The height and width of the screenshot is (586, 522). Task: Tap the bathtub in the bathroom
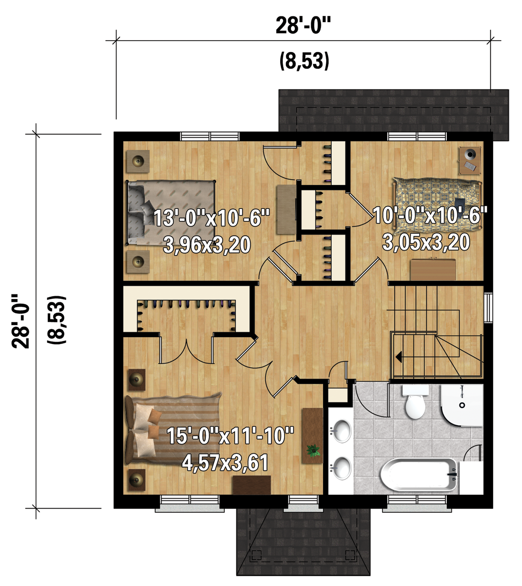420,475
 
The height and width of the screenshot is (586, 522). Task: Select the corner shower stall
462,405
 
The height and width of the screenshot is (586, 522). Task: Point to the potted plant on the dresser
313,451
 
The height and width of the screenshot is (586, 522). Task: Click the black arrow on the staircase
399,357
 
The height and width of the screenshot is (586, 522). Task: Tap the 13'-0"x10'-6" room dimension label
212,218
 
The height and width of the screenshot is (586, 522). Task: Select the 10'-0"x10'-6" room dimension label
430,215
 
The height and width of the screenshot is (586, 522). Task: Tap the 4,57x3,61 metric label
225,463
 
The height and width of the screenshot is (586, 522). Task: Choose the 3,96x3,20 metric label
207,245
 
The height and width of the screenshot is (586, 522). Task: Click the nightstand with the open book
470,160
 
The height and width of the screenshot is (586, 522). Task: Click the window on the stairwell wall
488,308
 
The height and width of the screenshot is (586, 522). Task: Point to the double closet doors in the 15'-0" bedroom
186,350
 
